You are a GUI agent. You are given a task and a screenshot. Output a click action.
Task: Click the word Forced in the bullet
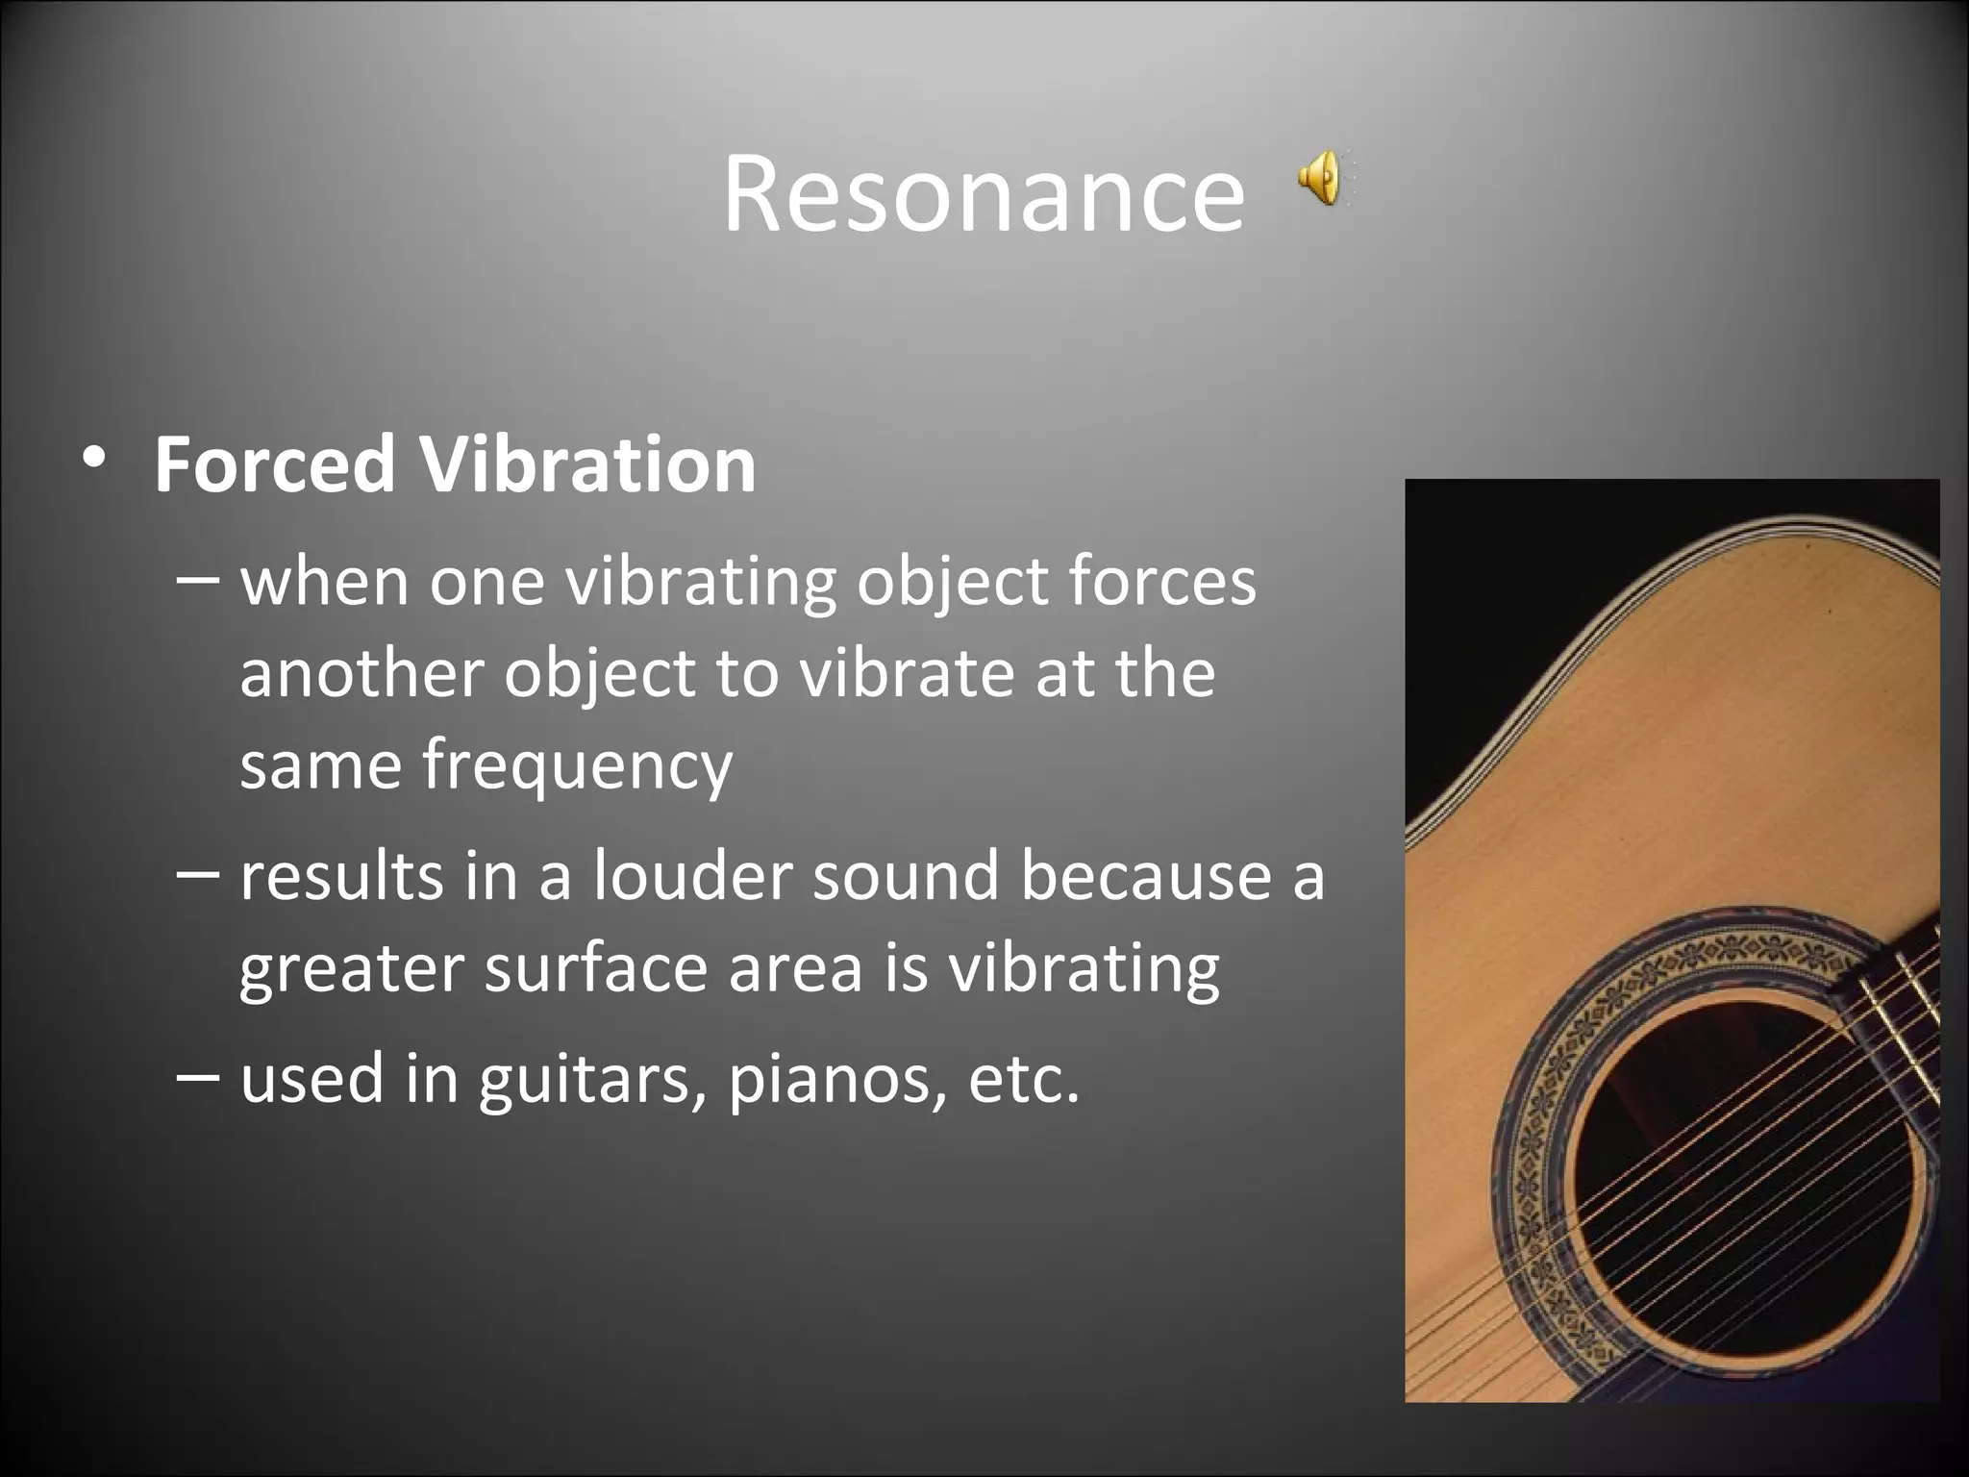pyautogui.click(x=274, y=464)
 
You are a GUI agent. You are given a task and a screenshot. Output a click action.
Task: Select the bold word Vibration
pyautogui.click(x=587, y=464)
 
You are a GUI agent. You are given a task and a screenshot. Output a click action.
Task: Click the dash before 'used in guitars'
pyautogui.click(x=199, y=1075)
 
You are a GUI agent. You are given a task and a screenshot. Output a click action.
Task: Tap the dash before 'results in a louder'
pyautogui.click(x=199, y=874)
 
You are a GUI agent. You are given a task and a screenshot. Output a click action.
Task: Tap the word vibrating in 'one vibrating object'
pyautogui.click(x=700, y=583)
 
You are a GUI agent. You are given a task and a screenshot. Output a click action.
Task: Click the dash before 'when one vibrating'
pyautogui.click(x=199, y=580)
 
